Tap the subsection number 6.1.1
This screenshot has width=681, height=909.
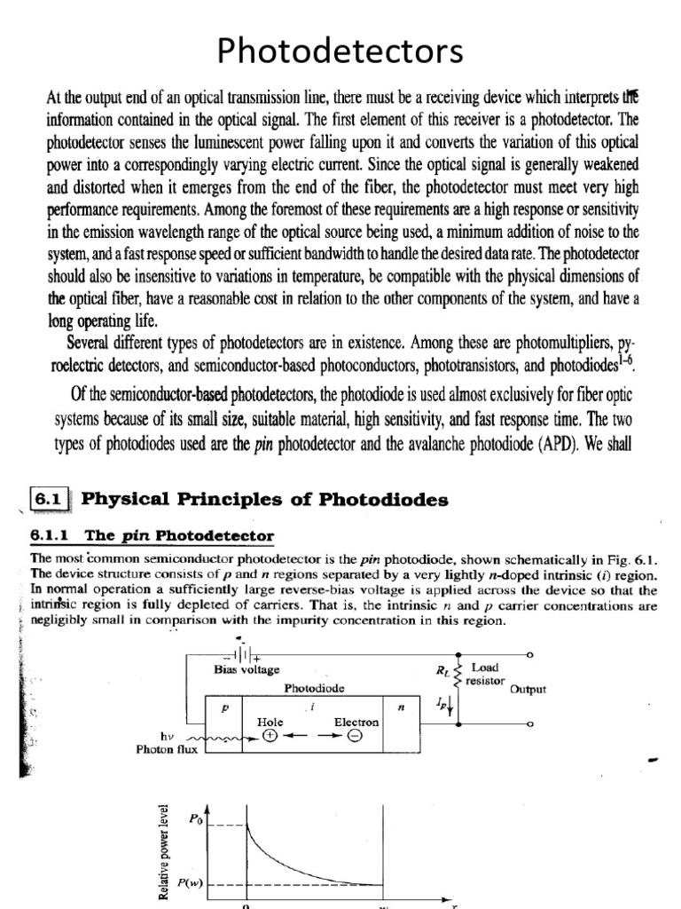click(x=56, y=536)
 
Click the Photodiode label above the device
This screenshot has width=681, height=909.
click(x=315, y=687)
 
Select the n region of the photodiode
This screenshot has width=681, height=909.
click(x=401, y=708)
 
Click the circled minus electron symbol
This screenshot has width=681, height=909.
click(x=354, y=735)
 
